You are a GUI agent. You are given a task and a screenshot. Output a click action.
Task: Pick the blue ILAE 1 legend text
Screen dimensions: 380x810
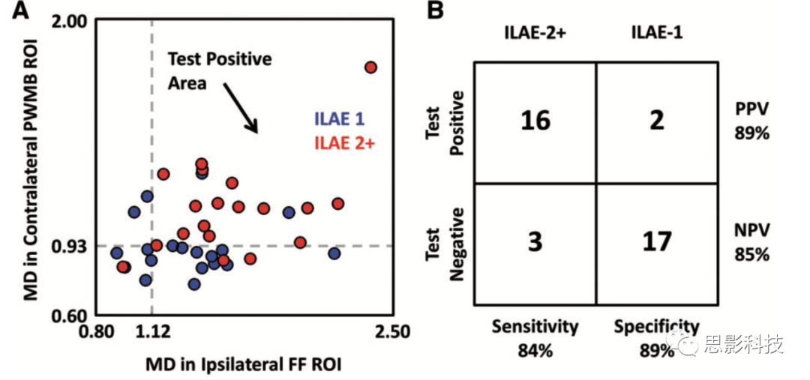(339, 119)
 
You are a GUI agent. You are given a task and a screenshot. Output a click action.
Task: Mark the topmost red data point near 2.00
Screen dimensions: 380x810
(370, 67)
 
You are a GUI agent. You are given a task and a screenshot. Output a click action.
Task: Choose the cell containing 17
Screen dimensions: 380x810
(657, 243)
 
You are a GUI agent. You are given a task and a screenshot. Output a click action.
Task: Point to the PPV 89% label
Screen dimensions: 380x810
(753, 121)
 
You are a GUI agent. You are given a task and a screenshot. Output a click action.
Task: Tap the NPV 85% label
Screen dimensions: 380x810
(752, 242)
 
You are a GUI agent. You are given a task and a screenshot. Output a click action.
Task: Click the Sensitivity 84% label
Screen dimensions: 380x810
(535, 338)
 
